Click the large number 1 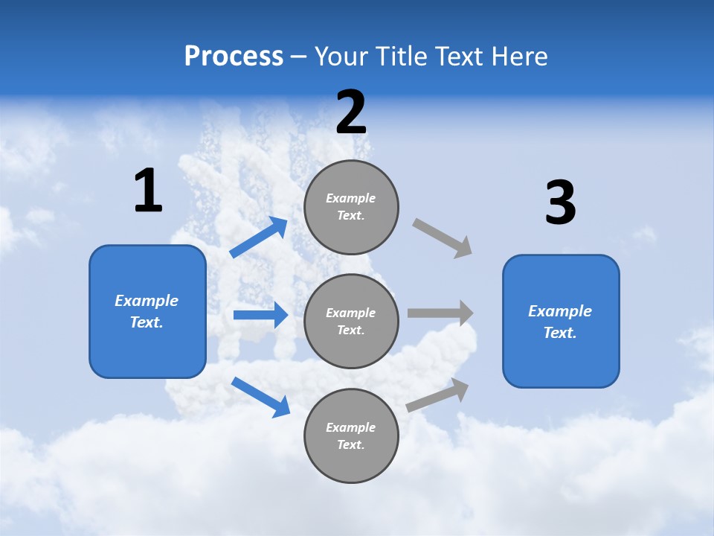[148, 191]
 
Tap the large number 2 [351, 112]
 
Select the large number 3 [561, 203]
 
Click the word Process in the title [234, 57]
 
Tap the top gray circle [351, 207]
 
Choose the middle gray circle [351, 322]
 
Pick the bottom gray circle [351, 435]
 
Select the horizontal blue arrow [260, 315]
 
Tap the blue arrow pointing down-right [260, 397]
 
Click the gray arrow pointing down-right [443, 238]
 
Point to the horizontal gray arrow [440, 313]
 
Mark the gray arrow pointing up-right [437, 395]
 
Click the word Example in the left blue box [147, 301]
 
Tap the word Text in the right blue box [559, 333]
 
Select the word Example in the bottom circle [350, 427]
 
